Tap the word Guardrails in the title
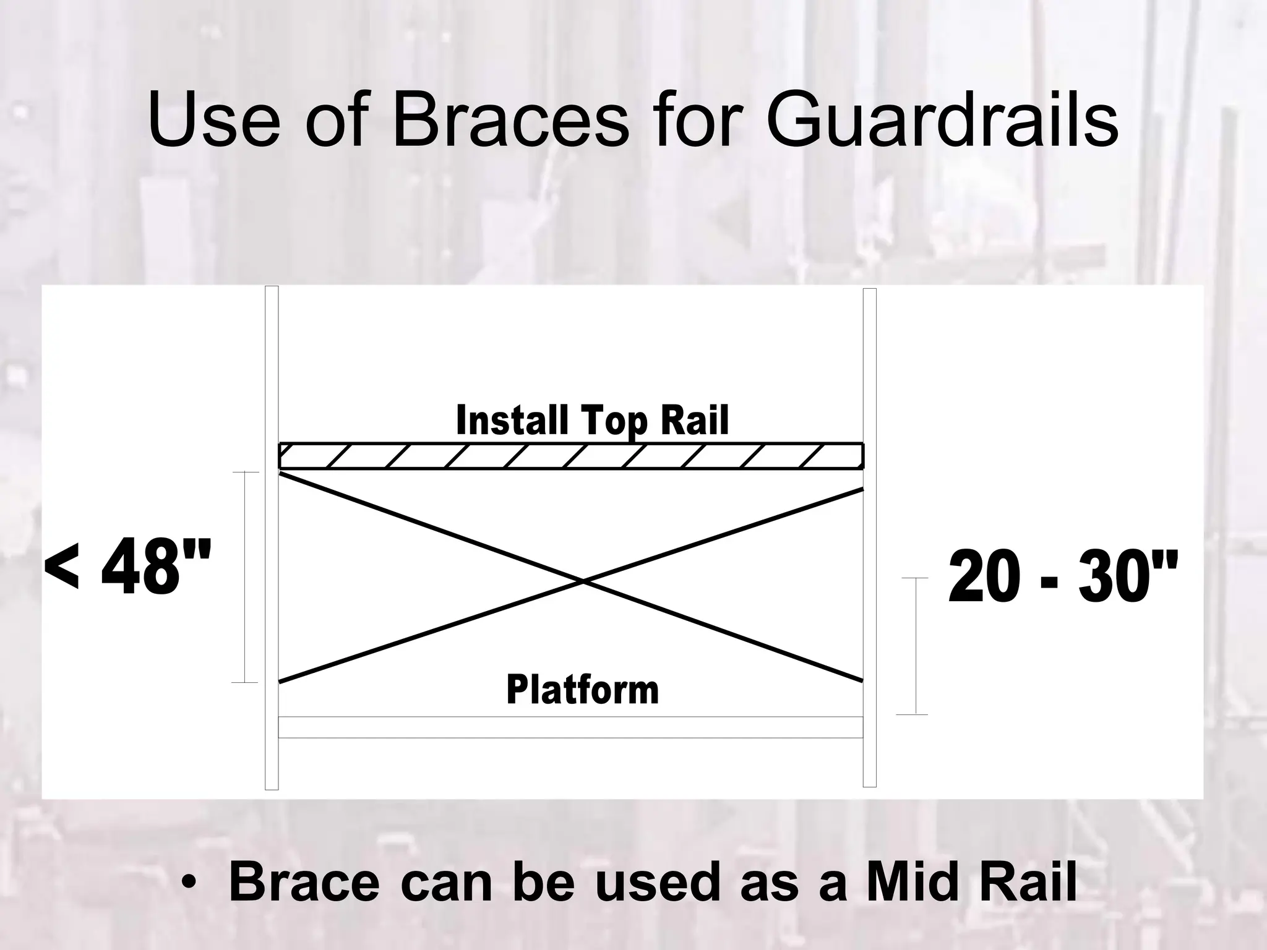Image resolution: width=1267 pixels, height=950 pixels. click(x=942, y=121)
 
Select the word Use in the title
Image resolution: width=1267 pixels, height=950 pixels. click(x=214, y=121)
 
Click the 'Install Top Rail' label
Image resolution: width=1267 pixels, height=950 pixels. click(x=592, y=421)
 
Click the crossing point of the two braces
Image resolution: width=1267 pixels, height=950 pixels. click(x=583, y=581)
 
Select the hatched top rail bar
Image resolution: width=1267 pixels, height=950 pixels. click(x=570, y=456)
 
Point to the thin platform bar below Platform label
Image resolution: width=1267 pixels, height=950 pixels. click(x=570, y=727)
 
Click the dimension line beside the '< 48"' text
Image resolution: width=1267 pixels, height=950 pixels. click(x=245, y=577)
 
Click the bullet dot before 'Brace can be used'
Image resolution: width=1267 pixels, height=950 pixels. click(x=189, y=883)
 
